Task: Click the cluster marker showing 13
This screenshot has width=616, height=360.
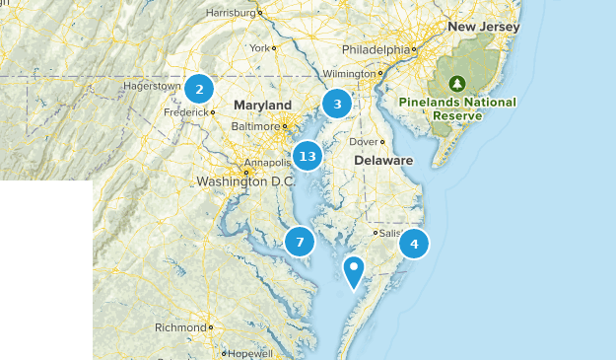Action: tap(308, 156)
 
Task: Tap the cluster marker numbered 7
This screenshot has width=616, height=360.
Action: tap(300, 242)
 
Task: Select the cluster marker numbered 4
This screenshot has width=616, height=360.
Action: tap(415, 243)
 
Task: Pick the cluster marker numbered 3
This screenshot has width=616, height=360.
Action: tap(337, 104)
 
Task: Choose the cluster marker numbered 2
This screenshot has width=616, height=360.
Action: tap(199, 89)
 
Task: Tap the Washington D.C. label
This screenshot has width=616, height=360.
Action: tap(245, 181)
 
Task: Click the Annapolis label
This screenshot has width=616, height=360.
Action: tap(240, 163)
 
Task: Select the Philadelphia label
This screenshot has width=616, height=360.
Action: tap(375, 49)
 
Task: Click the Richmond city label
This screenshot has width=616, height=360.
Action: tap(179, 327)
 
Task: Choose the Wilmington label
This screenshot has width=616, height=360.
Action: tap(351, 74)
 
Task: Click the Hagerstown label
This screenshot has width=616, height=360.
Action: tap(152, 86)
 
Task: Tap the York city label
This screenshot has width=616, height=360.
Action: tap(259, 47)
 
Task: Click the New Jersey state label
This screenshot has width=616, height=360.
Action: tap(483, 27)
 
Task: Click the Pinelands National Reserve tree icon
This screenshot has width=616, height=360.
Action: tap(456, 84)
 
